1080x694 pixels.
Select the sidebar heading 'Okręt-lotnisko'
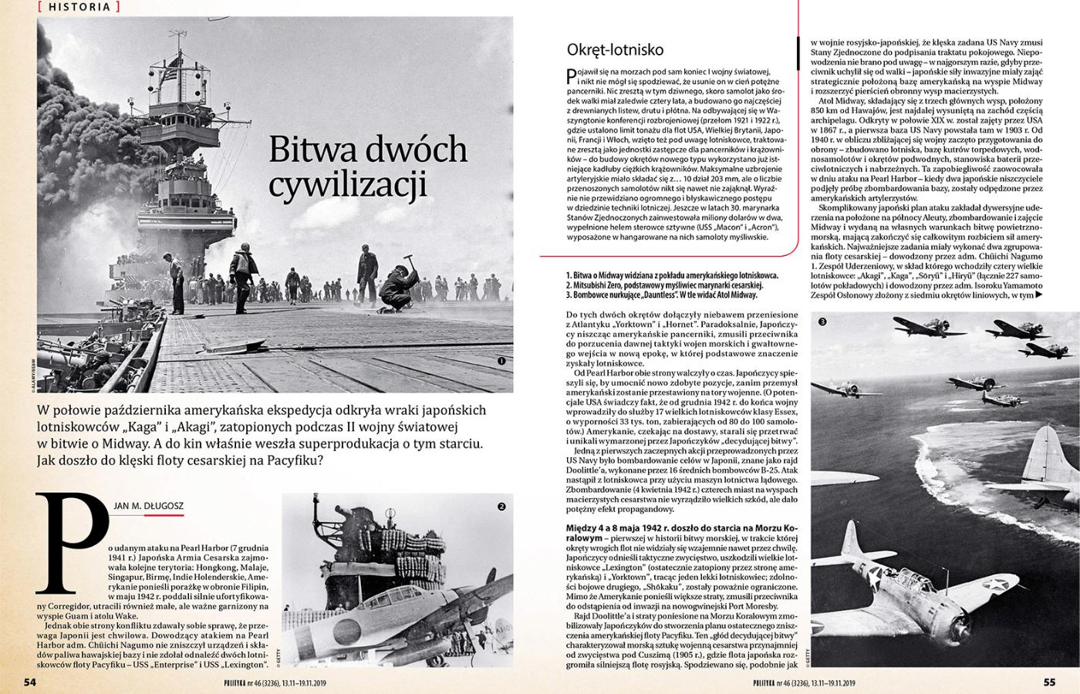pyautogui.click(x=615, y=50)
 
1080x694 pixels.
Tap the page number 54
pyautogui.click(x=31, y=682)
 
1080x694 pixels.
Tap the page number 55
pyautogui.click(x=1049, y=682)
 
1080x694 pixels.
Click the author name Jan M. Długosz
pyautogui.click(x=148, y=506)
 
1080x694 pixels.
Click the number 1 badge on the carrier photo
pyautogui.click(x=501, y=360)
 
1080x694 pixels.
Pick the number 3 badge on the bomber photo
pyautogui.click(x=823, y=322)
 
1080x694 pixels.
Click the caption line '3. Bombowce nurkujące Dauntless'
pyautogui.click(x=661, y=295)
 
